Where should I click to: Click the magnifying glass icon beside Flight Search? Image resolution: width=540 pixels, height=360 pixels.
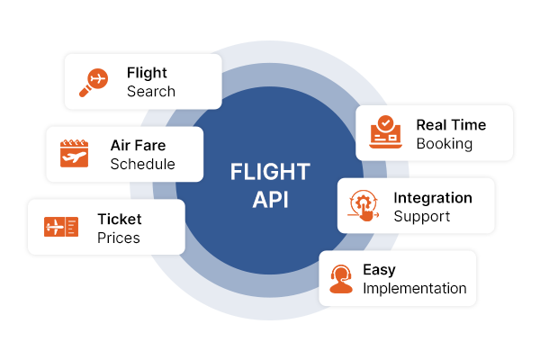[x=94, y=81]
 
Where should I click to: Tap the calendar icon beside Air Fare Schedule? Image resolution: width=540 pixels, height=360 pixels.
[x=76, y=154]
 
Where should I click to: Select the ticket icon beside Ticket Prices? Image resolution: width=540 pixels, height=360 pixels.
[x=60, y=227]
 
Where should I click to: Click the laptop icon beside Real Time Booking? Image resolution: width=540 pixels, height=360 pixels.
[x=385, y=133]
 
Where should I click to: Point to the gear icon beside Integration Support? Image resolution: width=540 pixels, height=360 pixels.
[x=364, y=206]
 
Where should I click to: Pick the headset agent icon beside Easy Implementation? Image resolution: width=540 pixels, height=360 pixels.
[x=340, y=278]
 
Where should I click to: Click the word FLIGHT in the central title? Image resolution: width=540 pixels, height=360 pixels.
[x=270, y=172]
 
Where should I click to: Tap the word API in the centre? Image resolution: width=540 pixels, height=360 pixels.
[x=270, y=199]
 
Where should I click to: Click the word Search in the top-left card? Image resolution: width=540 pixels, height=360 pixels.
[x=151, y=92]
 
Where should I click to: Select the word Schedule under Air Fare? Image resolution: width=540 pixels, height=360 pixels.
[x=142, y=165]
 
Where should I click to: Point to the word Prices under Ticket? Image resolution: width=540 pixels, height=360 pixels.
[x=119, y=238]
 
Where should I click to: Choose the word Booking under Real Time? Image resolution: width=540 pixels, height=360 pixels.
[x=444, y=143]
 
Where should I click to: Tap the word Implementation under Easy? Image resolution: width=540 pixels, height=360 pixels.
[x=414, y=289]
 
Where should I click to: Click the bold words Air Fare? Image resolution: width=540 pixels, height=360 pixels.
[x=138, y=145]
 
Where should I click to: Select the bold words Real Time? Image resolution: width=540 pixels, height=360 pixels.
[x=451, y=124]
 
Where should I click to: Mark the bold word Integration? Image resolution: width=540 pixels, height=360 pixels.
[x=432, y=197]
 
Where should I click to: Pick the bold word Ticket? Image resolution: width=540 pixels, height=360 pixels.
[x=120, y=219]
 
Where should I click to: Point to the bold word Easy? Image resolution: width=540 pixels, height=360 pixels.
[x=379, y=269]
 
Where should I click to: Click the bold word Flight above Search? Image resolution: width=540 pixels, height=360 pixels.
[x=147, y=73]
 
